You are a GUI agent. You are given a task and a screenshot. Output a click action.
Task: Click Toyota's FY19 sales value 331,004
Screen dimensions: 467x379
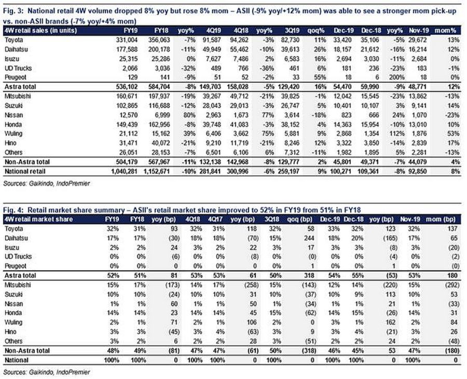[x=127, y=40]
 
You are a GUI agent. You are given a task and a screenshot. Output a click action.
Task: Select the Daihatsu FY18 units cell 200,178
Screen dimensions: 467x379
[x=159, y=49]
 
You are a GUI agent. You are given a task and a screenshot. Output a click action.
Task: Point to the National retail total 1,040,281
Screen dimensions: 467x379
[x=124, y=171]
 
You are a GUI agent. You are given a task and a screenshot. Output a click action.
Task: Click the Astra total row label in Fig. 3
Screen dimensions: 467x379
[x=20, y=87]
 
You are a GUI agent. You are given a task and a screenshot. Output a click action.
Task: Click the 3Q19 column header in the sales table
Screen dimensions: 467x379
[x=292, y=31]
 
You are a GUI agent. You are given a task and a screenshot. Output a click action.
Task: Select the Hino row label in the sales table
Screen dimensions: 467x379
[x=10, y=143]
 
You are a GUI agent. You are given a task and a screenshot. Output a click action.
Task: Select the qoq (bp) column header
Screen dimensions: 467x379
[x=300, y=219]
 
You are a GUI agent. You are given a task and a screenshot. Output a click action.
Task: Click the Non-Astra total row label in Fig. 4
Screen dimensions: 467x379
[x=27, y=350]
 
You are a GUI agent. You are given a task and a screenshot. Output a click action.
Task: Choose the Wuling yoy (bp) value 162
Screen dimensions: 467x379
[x=392, y=322]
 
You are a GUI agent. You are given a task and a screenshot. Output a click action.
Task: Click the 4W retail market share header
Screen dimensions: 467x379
[x=38, y=219]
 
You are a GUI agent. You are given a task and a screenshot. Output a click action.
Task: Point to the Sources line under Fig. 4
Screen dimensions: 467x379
[x=47, y=372]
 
